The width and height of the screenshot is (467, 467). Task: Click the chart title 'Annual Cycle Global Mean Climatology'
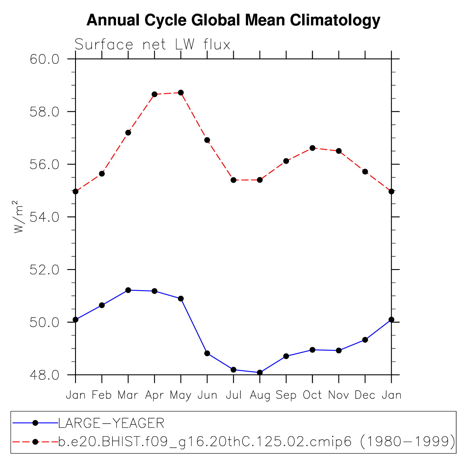point(233,20)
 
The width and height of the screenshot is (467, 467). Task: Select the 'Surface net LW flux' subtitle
point(152,45)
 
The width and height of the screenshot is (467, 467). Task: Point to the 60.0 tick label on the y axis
point(45,59)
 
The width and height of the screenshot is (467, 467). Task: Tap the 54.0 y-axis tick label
point(45,217)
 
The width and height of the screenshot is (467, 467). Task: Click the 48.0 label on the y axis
point(45,375)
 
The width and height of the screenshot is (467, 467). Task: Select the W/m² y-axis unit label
point(18,217)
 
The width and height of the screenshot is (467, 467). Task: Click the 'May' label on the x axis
point(181,395)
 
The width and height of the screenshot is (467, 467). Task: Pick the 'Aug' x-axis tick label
point(260,395)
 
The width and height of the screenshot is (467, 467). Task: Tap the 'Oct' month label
point(312,395)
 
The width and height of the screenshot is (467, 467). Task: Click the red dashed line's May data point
point(181,93)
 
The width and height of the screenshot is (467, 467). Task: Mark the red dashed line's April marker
point(155,94)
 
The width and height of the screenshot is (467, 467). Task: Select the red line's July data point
point(233,180)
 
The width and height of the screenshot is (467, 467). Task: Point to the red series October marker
point(312,148)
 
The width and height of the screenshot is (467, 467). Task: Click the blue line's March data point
point(128,290)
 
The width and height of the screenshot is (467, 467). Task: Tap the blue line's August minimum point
point(260,372)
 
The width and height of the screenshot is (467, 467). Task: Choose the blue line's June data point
point(207,353)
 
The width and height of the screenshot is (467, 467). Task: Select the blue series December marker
point(365,340)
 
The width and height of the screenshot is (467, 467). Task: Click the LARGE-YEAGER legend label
point(111,423)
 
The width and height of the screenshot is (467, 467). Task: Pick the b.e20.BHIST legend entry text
point(257,442)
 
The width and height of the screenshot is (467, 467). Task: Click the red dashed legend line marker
point(35,442)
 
